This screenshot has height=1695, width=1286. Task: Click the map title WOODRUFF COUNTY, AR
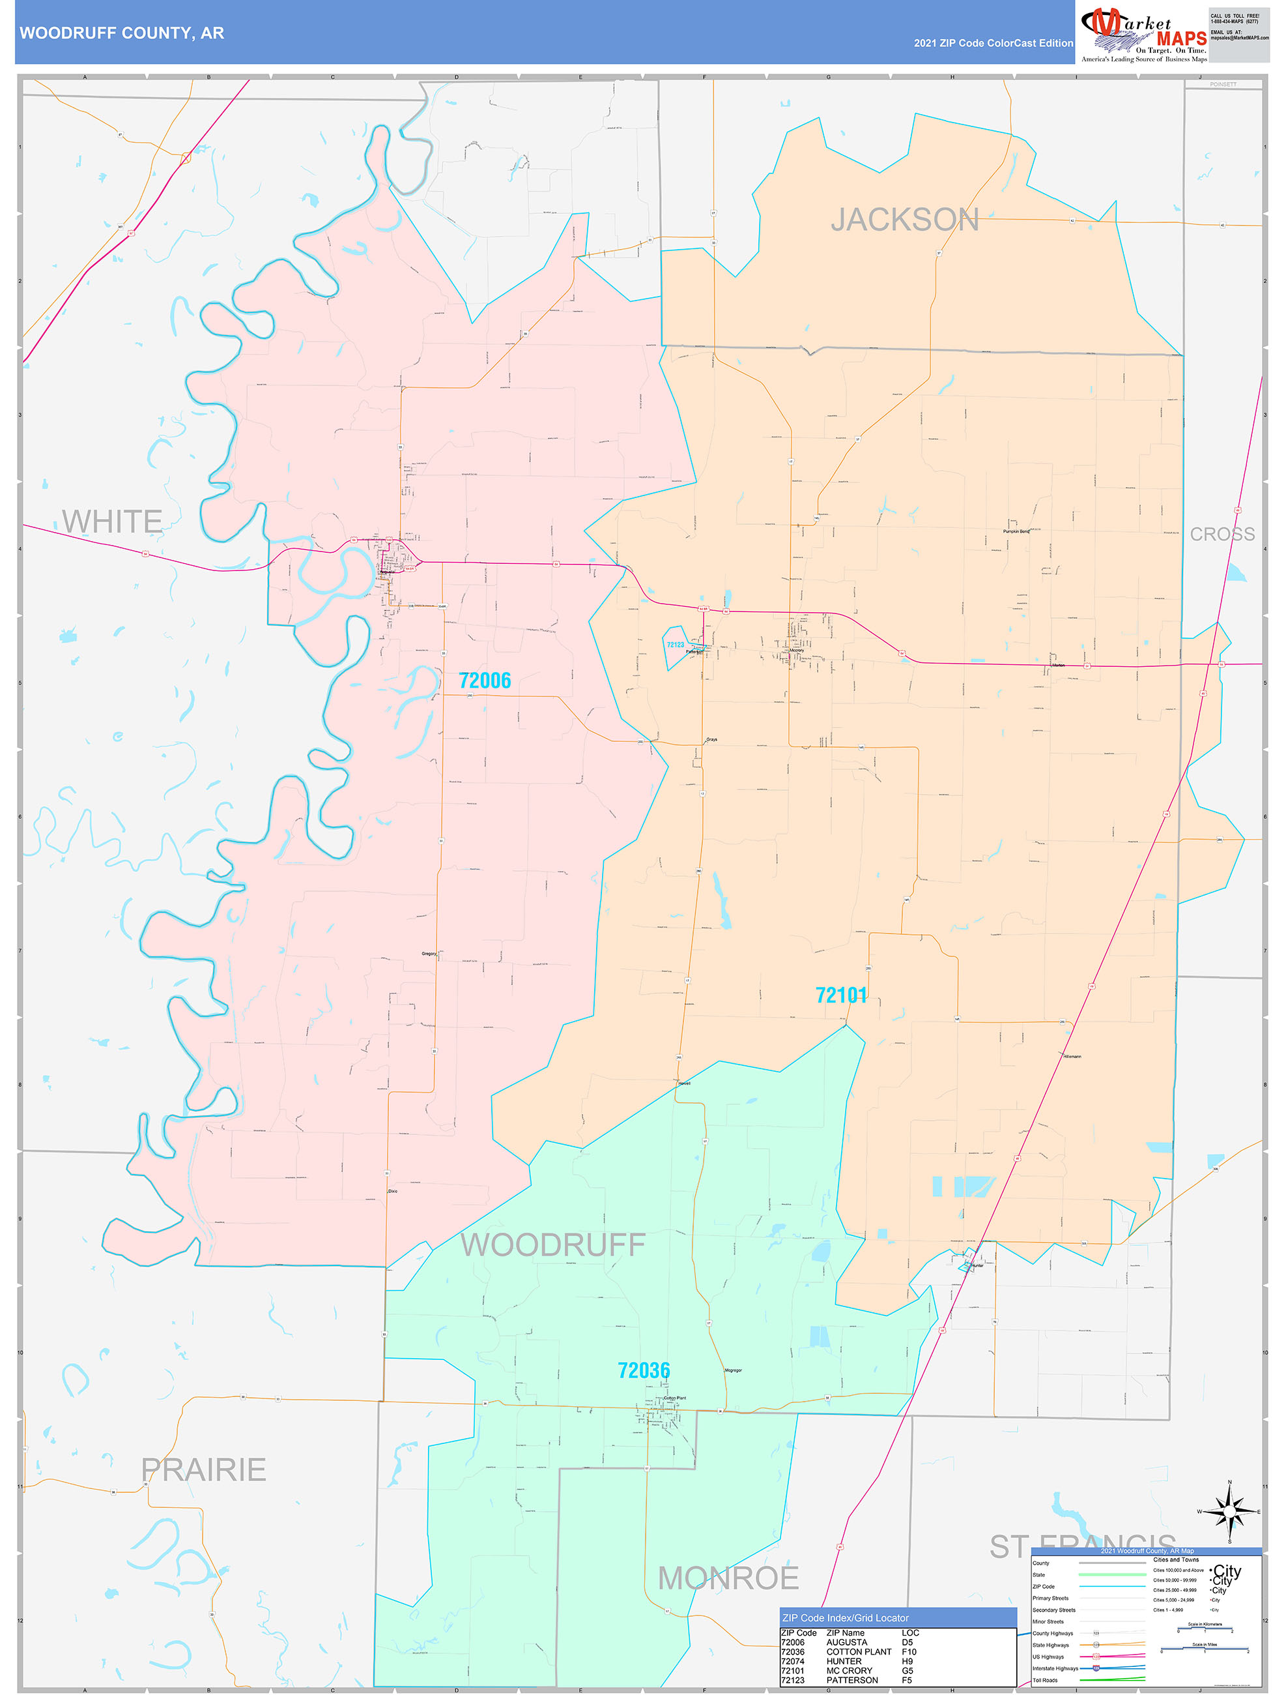coord(122,33)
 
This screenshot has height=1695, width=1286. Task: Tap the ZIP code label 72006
coord(484,681)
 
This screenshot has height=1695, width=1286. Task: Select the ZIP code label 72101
coord(841,995)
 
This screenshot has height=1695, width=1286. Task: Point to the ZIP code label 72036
coord(644,1370)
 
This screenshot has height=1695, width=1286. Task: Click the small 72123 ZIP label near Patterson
coord(675,645)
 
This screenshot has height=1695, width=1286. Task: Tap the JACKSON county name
coord(905,220)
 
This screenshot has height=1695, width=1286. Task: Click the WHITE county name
coord(112,522)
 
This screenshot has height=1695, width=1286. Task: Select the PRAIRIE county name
coord(204,1469)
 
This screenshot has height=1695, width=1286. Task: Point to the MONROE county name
coord(728,1578)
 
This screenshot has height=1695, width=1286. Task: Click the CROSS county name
coord(1222,534)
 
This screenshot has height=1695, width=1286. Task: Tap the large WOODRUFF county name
coord(553,1245)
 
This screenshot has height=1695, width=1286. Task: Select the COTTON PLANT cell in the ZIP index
coord(858,1651)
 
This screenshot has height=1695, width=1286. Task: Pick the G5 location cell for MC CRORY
coord(907,1670)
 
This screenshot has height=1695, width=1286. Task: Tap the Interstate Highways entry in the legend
coord(1055,1668)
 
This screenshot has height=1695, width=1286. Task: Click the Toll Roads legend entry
coord(1045,1679)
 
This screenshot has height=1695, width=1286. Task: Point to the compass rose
coord(1229,1512)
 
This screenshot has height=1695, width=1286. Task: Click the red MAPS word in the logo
coord(1181,38)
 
